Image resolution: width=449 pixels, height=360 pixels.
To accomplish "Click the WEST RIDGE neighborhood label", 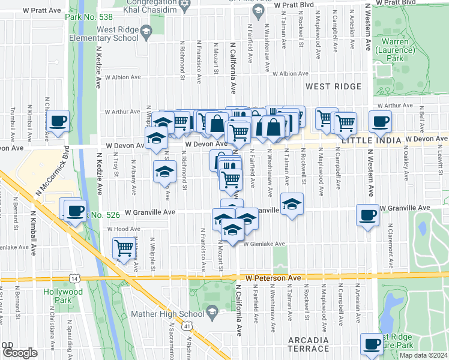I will click(x=333, y=86).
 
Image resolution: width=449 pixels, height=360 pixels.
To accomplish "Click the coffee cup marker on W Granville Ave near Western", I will click(x=367, y=214).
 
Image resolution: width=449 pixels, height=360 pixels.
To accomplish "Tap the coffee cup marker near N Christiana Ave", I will click(x=59, y=121).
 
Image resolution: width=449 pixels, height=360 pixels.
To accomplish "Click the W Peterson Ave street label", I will click(x=273, y=278).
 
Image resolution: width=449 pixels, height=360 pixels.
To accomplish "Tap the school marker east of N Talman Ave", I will click(x=292, y=204).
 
